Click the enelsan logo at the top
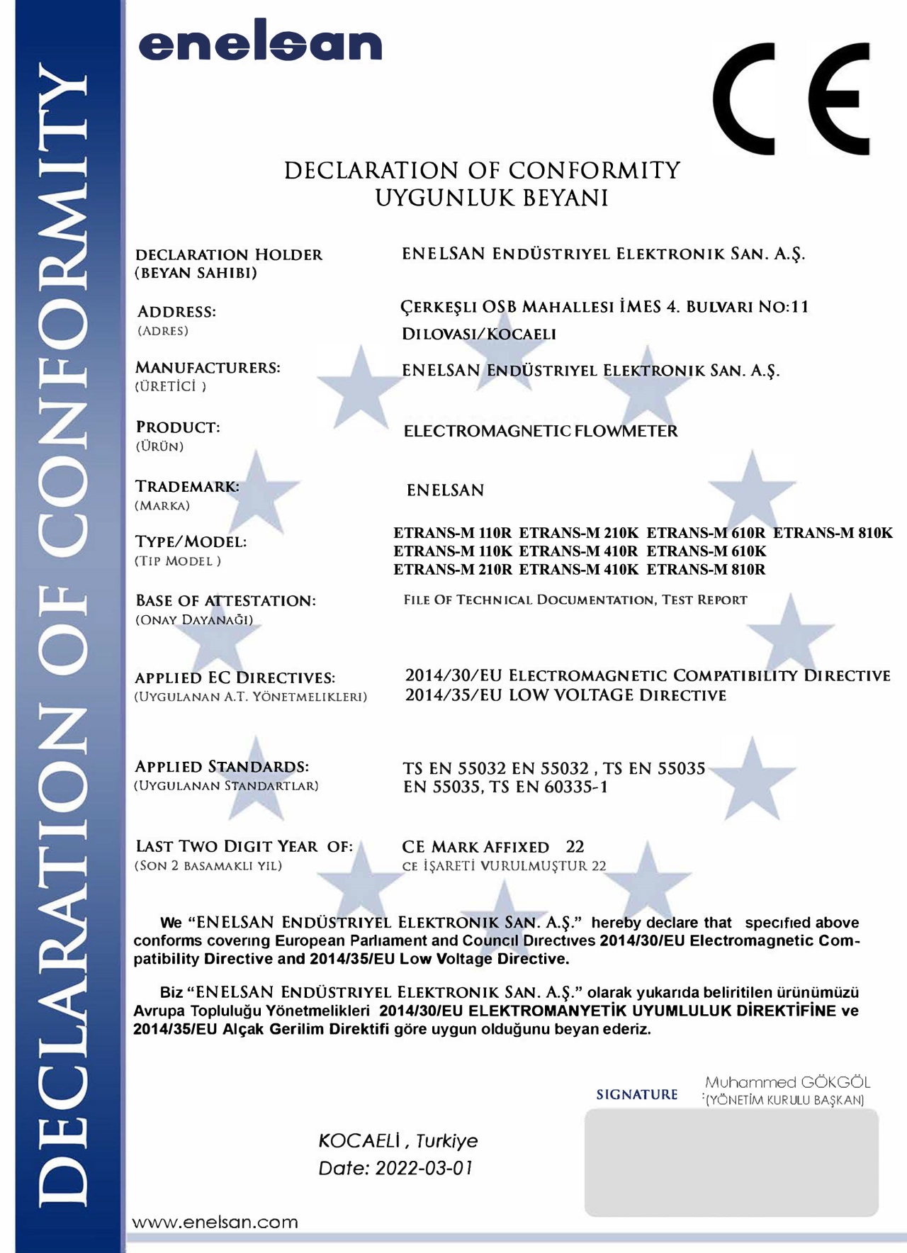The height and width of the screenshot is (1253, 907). point(260,44)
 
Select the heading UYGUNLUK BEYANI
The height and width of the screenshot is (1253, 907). point(492,198)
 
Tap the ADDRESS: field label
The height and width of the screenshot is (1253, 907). point(176,312)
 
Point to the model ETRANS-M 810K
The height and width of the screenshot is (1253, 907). point(833,533)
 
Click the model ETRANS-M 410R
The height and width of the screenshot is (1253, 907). point(578,551)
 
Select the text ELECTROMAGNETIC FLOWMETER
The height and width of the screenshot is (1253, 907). point(541,431)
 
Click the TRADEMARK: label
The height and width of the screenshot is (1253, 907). point(187,487)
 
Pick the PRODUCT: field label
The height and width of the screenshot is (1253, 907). point(178,427)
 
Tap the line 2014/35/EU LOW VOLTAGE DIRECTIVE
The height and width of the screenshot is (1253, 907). point(565,695)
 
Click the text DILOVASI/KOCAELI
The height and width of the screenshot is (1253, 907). point(479,334)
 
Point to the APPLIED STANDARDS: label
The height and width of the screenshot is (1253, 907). point(222,767)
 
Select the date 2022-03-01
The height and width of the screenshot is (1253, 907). point(424,1168)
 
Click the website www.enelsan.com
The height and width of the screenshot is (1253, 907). point(215,1222)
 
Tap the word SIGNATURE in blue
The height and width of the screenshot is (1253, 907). point(637,1095)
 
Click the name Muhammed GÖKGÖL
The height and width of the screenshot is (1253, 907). point(787,1082)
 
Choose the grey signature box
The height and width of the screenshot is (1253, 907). point(731,1162)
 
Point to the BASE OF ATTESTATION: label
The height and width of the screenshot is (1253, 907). point(225,601)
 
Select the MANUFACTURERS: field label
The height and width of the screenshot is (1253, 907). point(208,368)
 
